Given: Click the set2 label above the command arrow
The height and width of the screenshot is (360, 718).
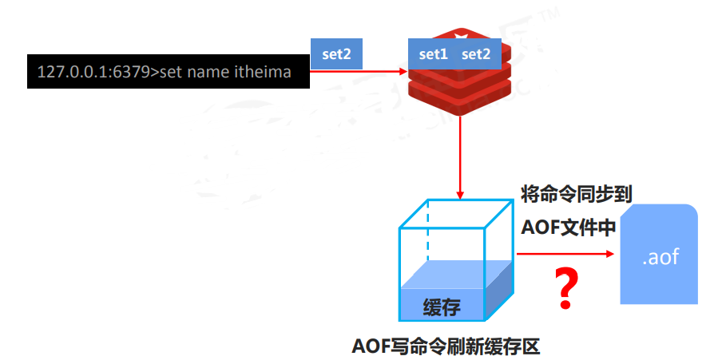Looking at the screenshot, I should [x=337, y=54].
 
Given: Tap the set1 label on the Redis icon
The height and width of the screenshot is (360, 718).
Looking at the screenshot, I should [x=434, y=54].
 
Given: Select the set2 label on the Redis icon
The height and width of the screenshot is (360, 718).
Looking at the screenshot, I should [x=476, y=54].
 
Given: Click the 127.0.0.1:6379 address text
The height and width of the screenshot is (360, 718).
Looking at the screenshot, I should [x=91, y=73].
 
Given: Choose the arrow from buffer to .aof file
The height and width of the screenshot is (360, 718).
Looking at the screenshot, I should [x=564, y=255].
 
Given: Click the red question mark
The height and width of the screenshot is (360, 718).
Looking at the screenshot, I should [x=566, y=289].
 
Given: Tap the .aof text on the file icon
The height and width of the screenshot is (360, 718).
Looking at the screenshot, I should [x=660, y=257].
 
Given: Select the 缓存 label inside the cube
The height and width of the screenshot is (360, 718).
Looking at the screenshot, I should [x=442, y=307].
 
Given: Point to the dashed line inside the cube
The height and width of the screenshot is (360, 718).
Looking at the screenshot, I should [x=428, y=231].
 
